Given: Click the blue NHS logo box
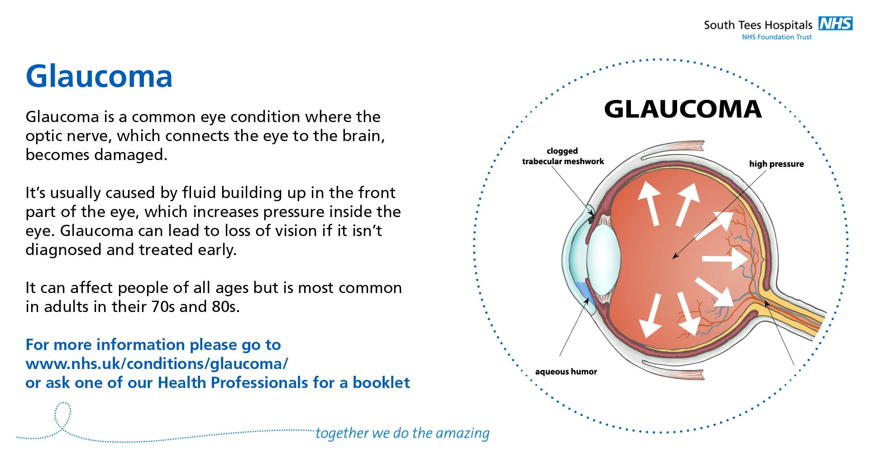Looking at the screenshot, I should coord(836,24).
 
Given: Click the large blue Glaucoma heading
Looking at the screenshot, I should coord(99,76).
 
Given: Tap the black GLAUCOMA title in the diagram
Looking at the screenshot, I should coord(683,109).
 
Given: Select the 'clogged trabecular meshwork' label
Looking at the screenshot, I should coord(563,156).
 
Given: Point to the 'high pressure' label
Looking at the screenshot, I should coord(776,164).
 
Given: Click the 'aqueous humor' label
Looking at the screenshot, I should coord(566,372).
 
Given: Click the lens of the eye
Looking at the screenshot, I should coord(604,260).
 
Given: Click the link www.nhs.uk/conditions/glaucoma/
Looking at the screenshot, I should coord(157,364).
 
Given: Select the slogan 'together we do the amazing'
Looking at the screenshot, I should coord(402,433).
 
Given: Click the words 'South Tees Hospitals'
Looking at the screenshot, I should coord(758,25).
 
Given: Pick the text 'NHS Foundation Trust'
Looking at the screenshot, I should coord(777,37).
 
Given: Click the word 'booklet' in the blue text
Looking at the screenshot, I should coord(381,383).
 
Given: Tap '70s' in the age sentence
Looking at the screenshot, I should coord(163,307).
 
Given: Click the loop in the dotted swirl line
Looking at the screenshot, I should coord(63,414).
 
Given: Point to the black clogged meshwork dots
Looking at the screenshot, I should coord(591,220).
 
